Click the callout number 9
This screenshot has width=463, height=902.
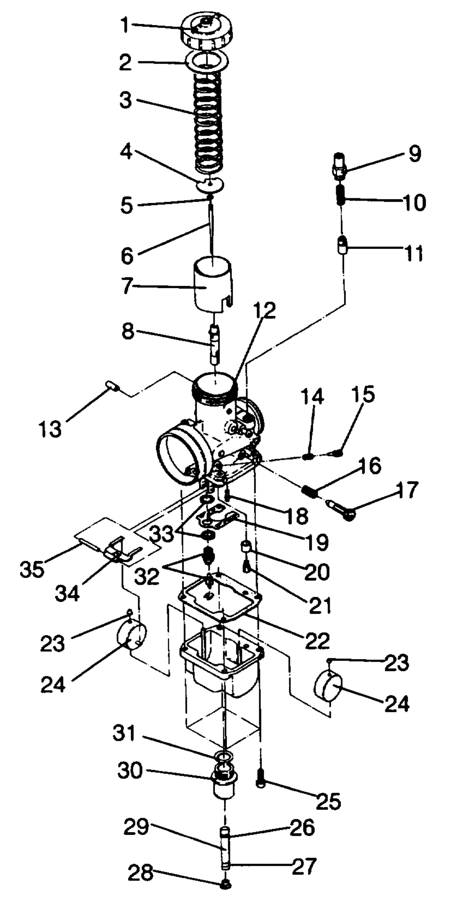point(414,153)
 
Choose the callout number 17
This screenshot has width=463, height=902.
point(407,490)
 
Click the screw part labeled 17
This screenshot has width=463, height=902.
point(342,508)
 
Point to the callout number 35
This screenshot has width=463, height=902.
point(32,569)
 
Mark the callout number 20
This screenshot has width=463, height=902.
point(317,572)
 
